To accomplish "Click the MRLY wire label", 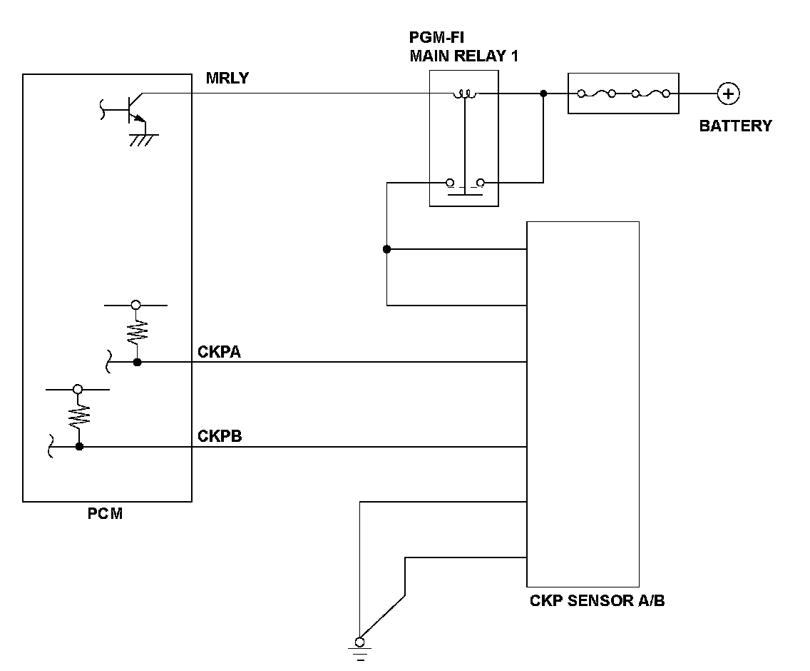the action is pos(227,78).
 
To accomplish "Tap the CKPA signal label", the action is pos(219,352).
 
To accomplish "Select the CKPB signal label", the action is pos(220,436).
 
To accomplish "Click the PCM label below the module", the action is pos(105,514).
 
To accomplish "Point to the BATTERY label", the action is pos(736,126).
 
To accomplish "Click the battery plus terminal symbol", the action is pos(729,94).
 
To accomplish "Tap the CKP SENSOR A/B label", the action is pos(598,600).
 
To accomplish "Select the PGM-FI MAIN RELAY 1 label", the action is pos(464,46).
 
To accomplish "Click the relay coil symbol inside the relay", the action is pos(465,94).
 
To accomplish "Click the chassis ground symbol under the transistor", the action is pos(143,139).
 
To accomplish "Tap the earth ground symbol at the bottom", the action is pos(360,650).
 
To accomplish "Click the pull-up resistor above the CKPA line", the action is pos(137,333).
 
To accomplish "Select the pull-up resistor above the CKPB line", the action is pos(79,416).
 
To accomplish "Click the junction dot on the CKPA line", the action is pos(138,363).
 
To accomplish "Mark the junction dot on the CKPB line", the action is pos(79,446).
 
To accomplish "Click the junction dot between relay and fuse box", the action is pos(543,94).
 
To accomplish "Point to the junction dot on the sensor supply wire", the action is pos(387,249).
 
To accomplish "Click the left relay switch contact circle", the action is pos(450,183).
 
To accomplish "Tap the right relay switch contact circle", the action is pos(481,183).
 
